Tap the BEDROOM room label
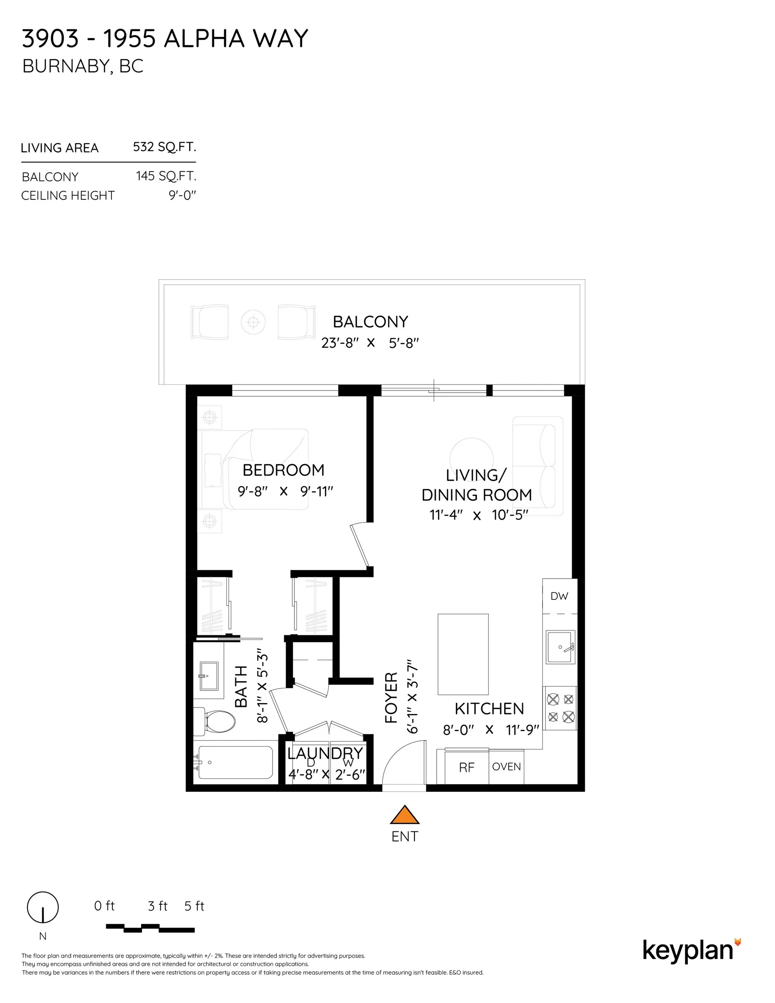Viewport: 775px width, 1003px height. coord(283,470)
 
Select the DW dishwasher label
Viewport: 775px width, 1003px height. coord(559,596)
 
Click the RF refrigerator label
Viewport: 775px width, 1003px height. coord(467,767)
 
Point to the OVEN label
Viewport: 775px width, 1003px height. coord(506,767)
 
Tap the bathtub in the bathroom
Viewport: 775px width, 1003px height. coord(235,762)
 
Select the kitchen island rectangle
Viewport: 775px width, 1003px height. coord(463,654)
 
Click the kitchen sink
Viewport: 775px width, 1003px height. coord(560,647)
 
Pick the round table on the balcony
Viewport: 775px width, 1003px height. coord(253,323)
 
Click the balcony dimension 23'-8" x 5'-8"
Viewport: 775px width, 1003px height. coord(370,343)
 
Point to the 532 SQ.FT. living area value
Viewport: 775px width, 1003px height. coord(165,147)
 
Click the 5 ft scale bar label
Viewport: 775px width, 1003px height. coord(194,905)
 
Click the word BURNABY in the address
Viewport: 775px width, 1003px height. coord(66,66)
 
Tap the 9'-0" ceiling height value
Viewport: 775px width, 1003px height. coord(182,195)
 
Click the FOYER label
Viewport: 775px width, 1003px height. coord(391,697)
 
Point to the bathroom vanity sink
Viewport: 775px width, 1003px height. coord(209,676)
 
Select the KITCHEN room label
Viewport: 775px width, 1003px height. coord(489,709)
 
